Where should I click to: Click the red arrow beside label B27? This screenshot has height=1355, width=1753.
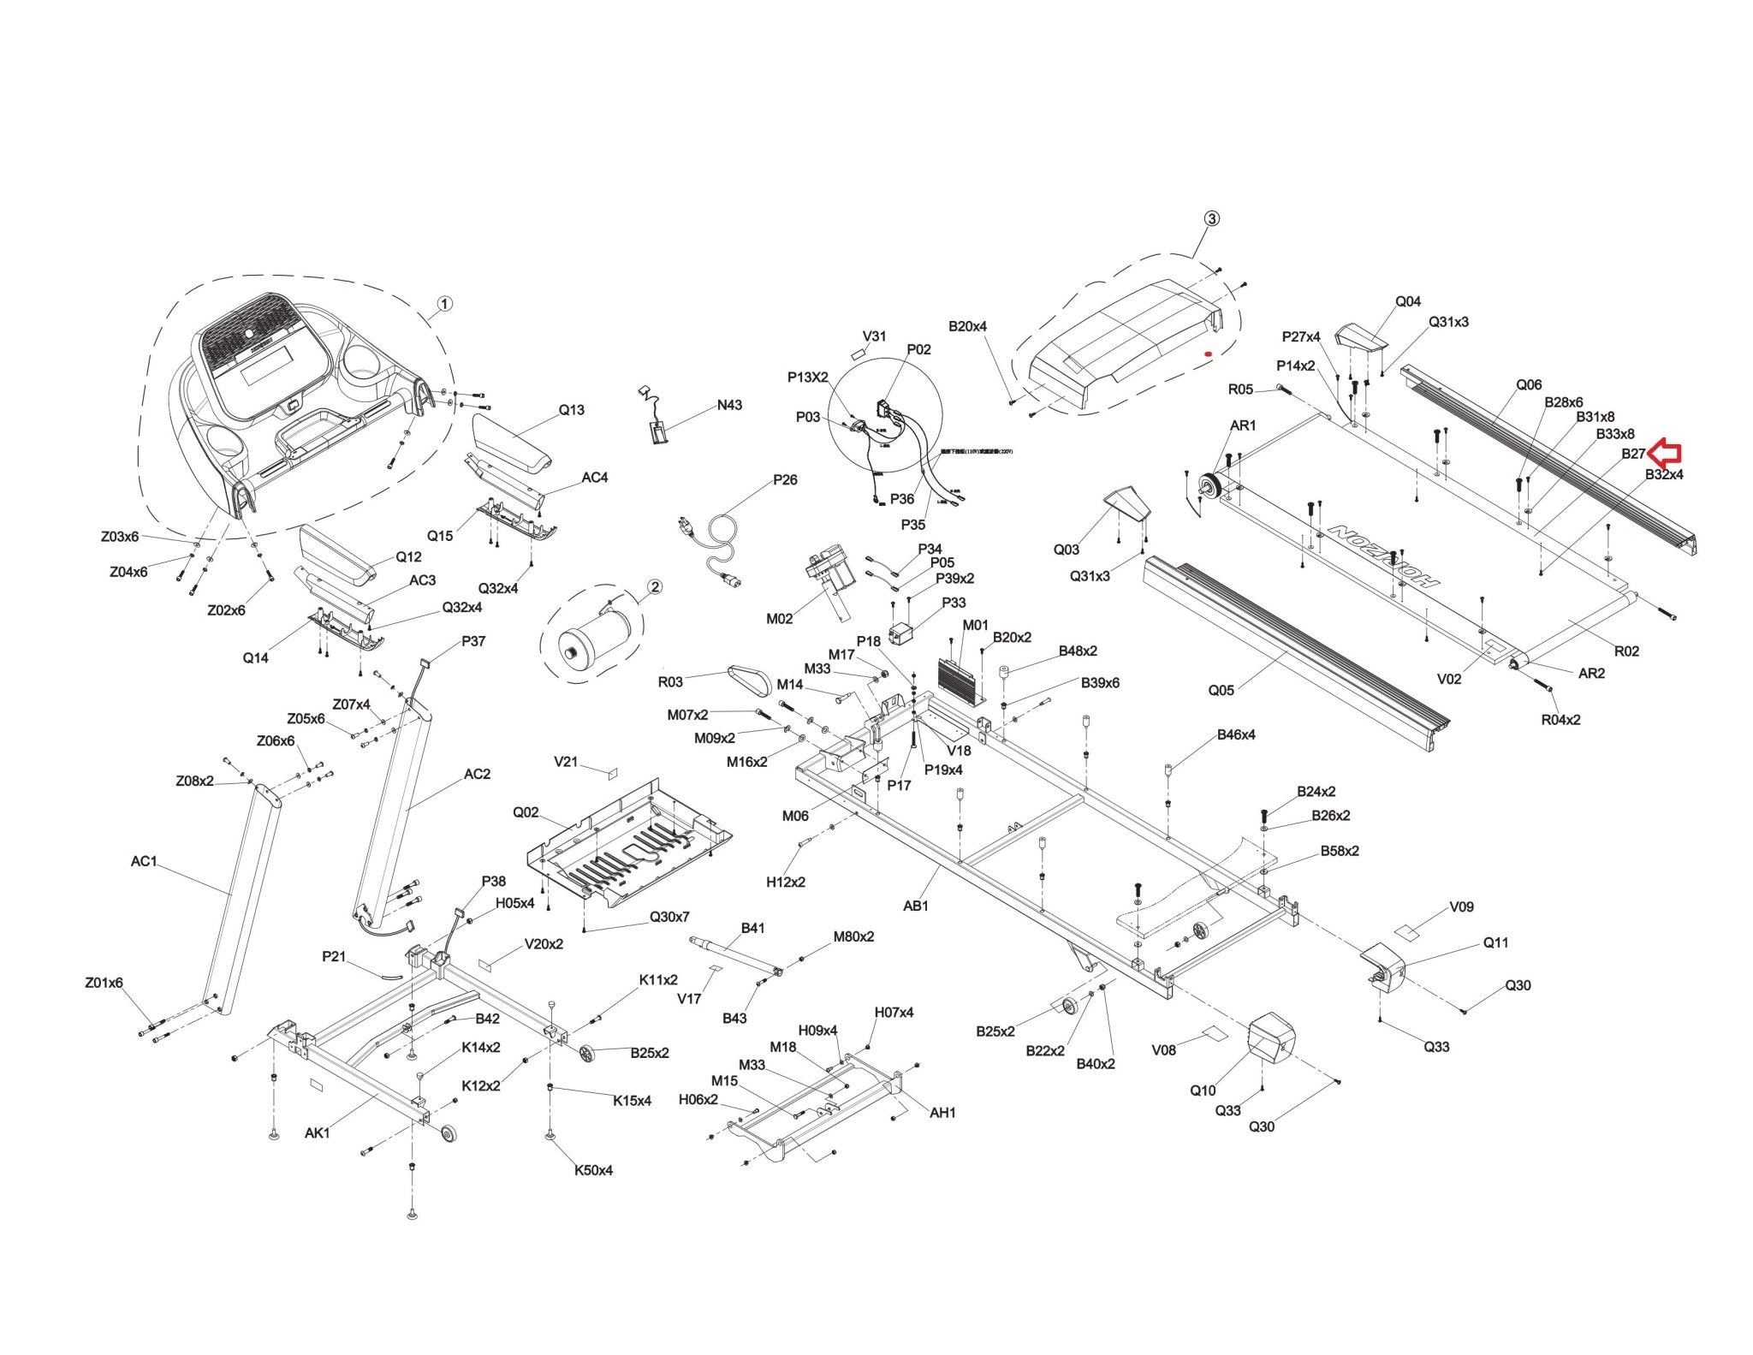1665,451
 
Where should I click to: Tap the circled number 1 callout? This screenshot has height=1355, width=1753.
444,304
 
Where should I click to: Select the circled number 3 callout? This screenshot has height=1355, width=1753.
1211,218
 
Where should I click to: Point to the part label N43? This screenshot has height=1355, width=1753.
729,405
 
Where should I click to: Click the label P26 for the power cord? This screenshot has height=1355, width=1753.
785,479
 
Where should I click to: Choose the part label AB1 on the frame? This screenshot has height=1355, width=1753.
916,905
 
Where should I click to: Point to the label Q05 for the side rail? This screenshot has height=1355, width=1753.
1221,690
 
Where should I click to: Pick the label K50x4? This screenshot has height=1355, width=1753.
593,1170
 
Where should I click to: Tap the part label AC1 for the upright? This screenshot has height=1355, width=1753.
144,860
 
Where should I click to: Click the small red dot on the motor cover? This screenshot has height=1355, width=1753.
1208,353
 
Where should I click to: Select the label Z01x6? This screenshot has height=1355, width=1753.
104,983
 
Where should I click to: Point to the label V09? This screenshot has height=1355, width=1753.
1461,906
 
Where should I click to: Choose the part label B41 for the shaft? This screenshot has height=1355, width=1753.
752,928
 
